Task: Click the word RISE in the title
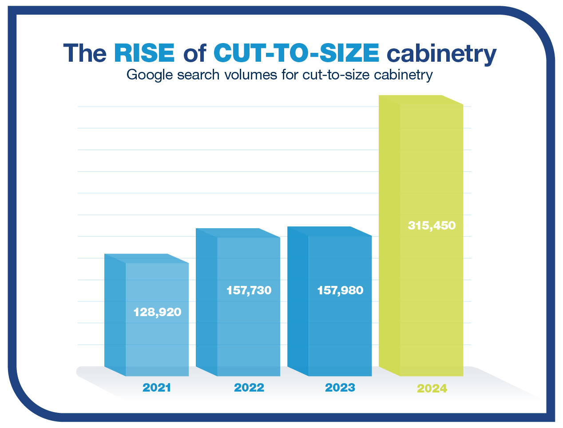coord(144,53)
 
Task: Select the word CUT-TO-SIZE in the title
coord(296,53)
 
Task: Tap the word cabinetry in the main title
coord(441,54)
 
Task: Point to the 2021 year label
coord(157,388)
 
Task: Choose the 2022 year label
coord(249,388)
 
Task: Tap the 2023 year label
coord(340,388)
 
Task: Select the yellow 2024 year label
coord(432,388)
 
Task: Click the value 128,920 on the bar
coord(157,312)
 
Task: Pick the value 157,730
coord(249,290)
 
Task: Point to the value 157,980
coord(340,290)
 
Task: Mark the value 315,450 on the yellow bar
coord(432,226)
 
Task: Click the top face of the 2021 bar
coord(147,258)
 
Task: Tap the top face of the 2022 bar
coord(238,233)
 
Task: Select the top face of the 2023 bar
coord(329,231)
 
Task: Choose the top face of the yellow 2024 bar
coord(421,100)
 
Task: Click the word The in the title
coord(85,53)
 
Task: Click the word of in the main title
coord(194,53)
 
